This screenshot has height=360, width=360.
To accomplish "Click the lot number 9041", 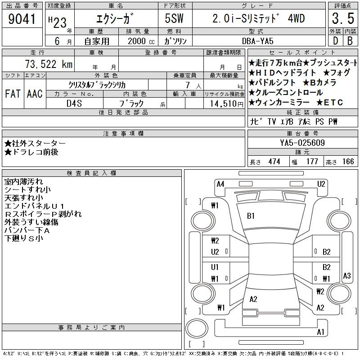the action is coord(22,19).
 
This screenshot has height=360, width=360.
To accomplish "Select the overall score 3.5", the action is coord(343,18).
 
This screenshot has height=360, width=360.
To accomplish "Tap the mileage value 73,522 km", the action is coord(49,64).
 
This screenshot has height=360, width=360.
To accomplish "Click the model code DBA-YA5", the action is coord(257,41).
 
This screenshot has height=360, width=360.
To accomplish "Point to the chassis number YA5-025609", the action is coord(302,143).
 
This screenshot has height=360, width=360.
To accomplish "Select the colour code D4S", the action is coord(74,103).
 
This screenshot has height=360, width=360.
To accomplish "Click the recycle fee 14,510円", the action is coord(227,104).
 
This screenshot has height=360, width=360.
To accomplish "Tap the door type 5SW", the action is coord(174,18).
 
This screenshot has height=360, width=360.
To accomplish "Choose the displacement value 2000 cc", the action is coord(141,41).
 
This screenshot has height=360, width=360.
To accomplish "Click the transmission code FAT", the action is coord(13,94).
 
